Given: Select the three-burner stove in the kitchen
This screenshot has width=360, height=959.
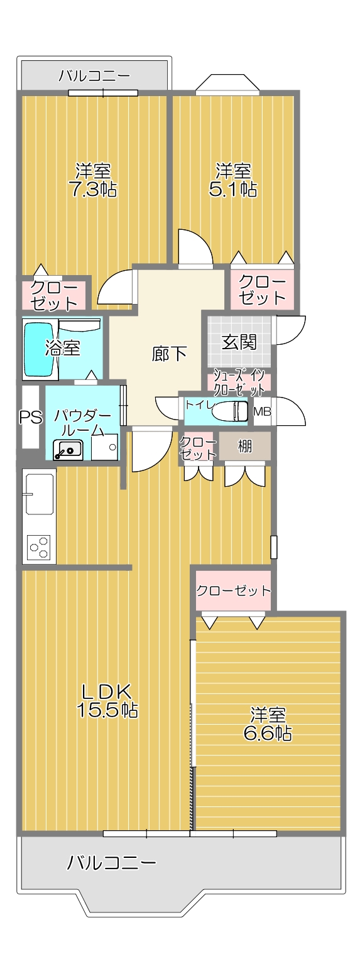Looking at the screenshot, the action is [x=40, y=547].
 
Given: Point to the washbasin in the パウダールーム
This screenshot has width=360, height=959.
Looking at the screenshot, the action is [x=68, y=450].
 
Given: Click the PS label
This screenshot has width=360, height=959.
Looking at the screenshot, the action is [x=31, y=416].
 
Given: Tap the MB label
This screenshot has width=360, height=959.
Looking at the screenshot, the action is [x=263, y=411].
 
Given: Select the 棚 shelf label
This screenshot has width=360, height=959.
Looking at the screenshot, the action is [x=244, y=446].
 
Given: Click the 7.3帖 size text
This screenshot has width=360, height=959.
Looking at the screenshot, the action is [x=94, y=189].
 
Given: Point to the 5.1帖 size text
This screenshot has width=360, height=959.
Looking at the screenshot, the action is [x=233, y=189].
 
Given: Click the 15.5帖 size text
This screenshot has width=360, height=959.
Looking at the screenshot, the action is [x=107, y=710].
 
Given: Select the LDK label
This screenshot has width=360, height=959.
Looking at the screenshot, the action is [x=106, y=691].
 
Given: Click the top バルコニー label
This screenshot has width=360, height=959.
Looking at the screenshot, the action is [x=94, y=76].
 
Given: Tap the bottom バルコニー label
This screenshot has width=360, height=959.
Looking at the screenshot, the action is [x=111, y=863].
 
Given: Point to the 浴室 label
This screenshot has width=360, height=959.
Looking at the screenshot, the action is [x=63, y=348].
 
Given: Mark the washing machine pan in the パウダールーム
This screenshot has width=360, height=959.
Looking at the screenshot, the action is [x=104, y=447].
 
